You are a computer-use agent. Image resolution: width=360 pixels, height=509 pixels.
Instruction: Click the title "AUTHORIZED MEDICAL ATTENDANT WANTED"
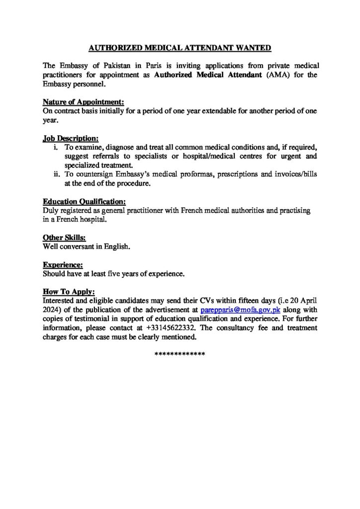click(180, 48)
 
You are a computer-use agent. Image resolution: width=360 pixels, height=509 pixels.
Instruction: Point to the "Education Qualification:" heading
click(84, 201)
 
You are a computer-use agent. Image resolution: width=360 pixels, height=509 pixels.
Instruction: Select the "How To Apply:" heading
click(69, 292)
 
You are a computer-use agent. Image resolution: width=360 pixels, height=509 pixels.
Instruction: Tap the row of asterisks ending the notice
click(180, 353)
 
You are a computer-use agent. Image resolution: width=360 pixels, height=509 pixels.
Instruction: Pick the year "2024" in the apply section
click(53, 309)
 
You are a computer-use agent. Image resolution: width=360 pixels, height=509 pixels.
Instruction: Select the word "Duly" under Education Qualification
click(51, 211)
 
